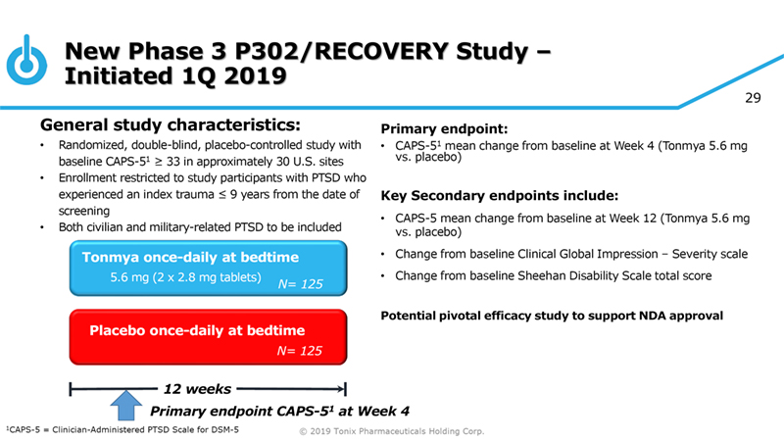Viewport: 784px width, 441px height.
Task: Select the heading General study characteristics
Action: pyautogui.click(x=170, y=124)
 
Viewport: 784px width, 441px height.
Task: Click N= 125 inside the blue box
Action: pyautogui.click(x=300, y=285)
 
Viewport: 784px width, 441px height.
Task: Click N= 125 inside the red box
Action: pyautogui.click(x=300, y=350)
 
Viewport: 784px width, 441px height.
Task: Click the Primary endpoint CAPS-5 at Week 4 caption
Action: pyautogui.click(x=279, y=410)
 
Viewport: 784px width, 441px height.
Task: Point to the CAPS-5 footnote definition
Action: pyautogui.click(x=122, y=429)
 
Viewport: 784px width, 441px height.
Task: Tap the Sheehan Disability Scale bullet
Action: pyautogui.click(x=553, y=276)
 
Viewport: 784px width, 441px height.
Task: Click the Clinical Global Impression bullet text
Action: pyautogui.click(x=570, y=255)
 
